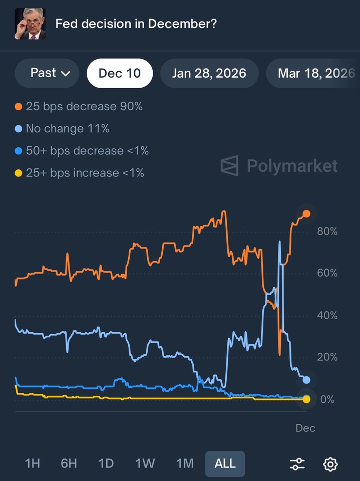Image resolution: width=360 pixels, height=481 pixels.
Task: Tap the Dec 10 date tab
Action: [120, 73]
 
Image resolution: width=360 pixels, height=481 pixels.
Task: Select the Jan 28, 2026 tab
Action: [209, 73]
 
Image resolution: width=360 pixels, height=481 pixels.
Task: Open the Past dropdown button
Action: [47, 73]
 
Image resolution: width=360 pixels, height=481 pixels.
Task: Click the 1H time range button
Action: [32, 463]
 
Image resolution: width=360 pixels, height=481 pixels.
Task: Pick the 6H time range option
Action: [69, 463]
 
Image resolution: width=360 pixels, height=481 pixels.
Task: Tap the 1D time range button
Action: [106, 463]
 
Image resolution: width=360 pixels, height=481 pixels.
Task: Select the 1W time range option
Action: [145, 463]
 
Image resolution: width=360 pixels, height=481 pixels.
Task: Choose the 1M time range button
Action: [185, 463]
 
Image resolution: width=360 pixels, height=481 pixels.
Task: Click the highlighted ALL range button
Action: [225, 463]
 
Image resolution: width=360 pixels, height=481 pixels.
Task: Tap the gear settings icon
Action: [330, 464]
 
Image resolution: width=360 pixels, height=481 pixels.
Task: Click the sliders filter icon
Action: [297, 464]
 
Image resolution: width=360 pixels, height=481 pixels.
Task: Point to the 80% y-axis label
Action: [327, 231]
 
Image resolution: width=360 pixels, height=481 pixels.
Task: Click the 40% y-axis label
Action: [327, 316]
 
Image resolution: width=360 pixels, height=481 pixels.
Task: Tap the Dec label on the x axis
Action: [305, 428]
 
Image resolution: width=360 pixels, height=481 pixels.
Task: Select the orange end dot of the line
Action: [306, 214]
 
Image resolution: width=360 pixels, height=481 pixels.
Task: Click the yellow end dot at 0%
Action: [306, 399]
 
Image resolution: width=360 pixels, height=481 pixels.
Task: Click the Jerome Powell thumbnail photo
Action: [30, 24]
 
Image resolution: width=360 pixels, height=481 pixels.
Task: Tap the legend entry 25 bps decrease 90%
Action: [79, 107]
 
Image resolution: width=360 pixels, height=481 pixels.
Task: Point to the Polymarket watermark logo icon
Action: [230, 165]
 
